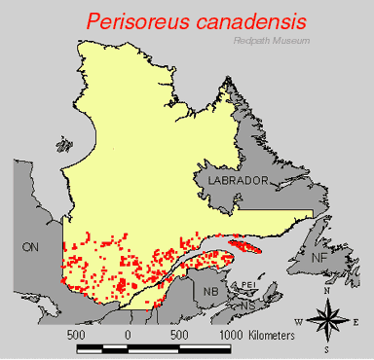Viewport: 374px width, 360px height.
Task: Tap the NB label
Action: click(211, 291)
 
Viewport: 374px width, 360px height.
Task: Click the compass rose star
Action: click(329, 318)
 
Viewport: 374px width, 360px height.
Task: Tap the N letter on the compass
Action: click(329, 290)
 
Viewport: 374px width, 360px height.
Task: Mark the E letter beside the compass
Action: click(356, 320)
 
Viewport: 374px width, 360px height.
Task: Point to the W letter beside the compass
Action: click(299, 320)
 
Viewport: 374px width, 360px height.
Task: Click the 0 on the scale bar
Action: click(128, 334)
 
